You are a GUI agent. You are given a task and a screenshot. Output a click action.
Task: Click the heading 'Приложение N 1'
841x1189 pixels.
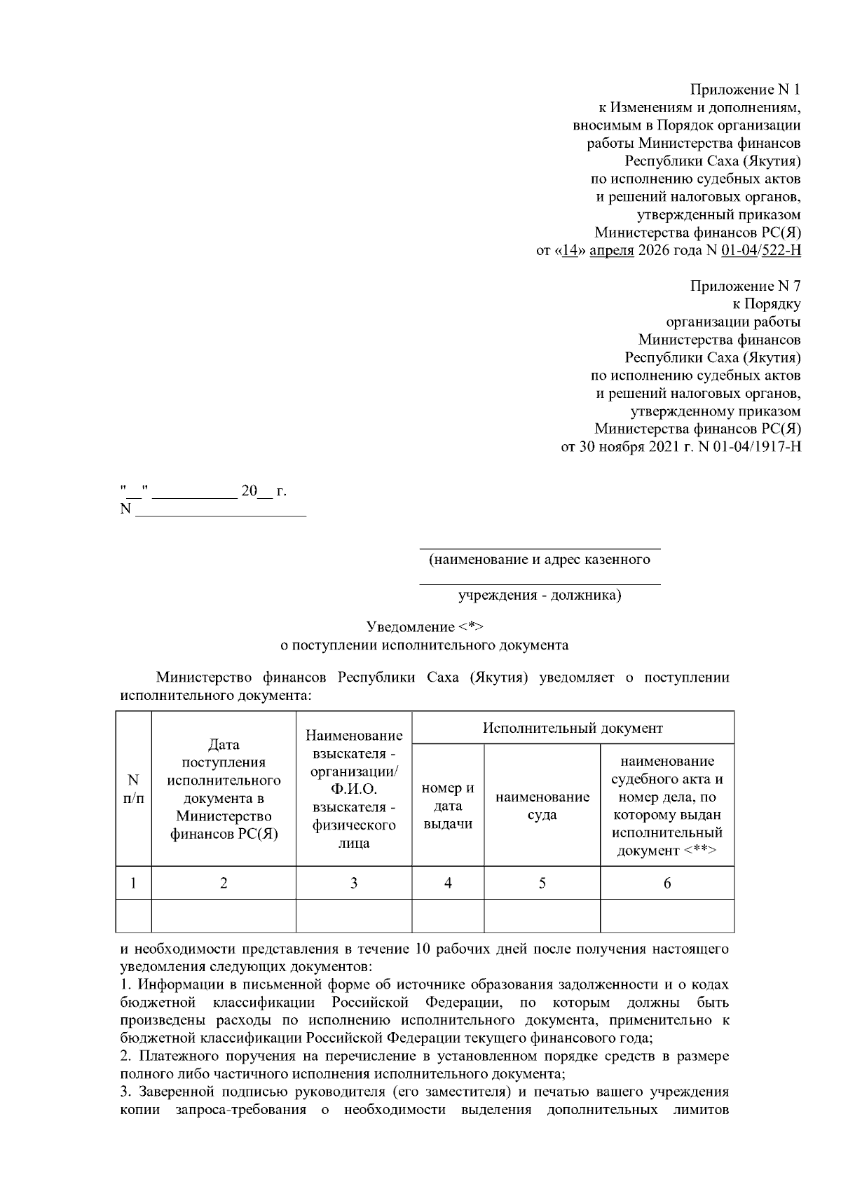click(745, 90)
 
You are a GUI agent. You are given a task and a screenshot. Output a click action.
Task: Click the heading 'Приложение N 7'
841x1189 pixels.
click(745, 286)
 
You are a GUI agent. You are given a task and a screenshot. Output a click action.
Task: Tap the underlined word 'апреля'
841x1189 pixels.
click(612, 251)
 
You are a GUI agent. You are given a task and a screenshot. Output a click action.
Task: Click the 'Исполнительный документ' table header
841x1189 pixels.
click(573, 728)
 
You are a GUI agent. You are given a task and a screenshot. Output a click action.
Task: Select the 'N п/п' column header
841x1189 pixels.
click(133, 789)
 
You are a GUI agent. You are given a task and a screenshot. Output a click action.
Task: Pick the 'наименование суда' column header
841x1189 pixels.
click(542, 806)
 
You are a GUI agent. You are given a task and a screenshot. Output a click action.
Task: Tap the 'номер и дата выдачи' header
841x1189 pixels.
click(448, 806)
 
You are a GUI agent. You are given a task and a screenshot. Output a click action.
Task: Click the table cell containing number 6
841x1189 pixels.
click(667, 883)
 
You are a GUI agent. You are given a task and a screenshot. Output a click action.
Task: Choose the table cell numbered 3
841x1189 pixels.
click(354, 883)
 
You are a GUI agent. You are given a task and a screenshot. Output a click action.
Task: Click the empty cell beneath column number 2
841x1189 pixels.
click(224, 916)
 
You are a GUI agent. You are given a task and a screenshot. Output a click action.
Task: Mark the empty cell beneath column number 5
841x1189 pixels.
click(542, 916)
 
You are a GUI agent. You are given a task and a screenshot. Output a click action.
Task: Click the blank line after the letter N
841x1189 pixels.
click(221, 510)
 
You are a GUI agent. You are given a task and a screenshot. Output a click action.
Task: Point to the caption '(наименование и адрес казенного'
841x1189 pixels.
click(540, 559)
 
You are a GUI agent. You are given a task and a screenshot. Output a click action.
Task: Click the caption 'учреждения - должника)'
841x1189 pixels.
click(540, 596)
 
